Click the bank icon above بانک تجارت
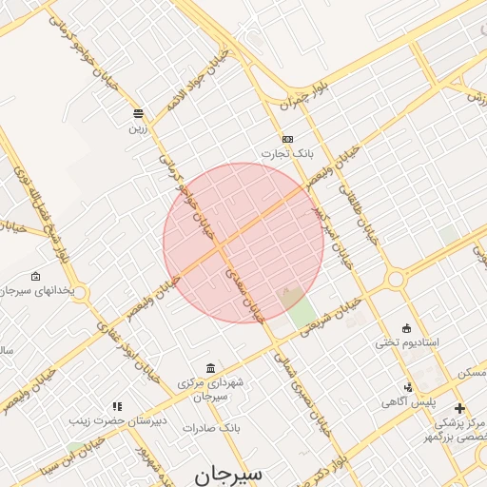coord(288,139)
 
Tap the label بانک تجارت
coord(287,153)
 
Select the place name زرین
coord(139,126)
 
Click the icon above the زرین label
coord(139,112)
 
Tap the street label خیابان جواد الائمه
coord(200,81)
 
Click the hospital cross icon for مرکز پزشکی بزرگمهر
coord(461,408)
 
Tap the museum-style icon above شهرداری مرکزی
coord(210,368)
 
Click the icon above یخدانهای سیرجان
coord(35,277)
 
